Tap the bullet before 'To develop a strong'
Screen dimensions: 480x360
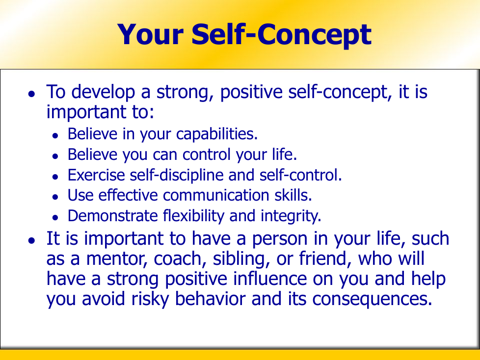tap(31, 93)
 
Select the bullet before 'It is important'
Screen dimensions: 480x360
tap(31, 240)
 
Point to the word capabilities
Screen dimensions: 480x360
tap(217, 134)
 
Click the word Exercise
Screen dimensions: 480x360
tap(96, 175)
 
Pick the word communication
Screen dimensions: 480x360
tap(216, 195)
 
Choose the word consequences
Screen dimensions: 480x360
tap(372, 300)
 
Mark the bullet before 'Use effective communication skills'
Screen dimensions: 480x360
tap(55, 197)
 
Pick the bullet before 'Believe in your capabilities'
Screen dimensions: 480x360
tap(55, 136)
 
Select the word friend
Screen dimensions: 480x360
tap(325, 259)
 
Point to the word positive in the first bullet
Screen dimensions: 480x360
tap(251, 92)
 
